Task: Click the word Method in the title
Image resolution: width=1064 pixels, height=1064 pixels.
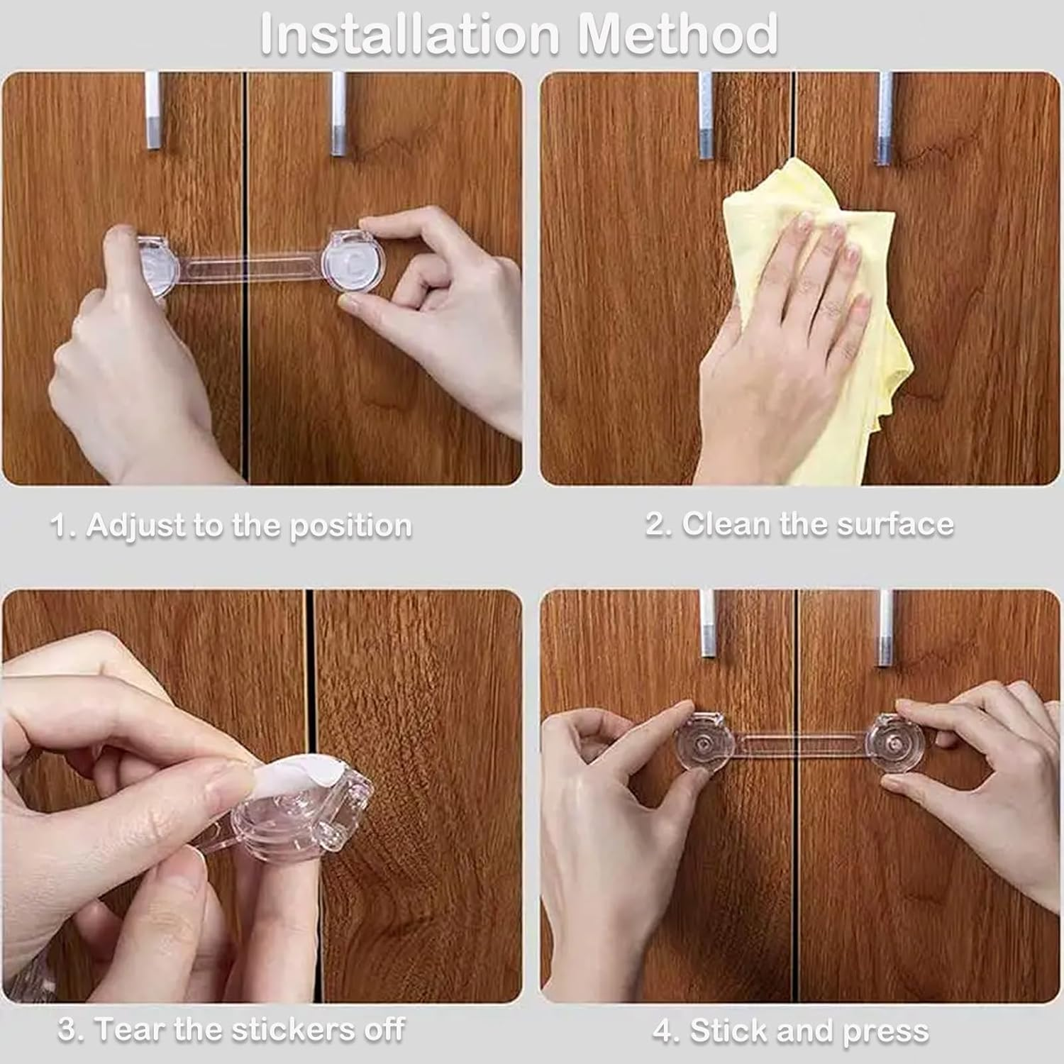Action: tap(678, 33)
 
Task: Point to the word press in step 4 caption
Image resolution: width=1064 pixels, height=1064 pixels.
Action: tap(885, 1032)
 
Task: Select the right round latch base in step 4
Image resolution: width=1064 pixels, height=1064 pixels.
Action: tap(897, 745)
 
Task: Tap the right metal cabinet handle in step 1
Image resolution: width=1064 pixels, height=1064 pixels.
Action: tap(339, 113)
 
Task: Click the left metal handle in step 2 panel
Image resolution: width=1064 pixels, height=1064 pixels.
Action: tap(706, 114)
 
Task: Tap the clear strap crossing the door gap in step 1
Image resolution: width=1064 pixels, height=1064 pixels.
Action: tap(246, 268)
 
